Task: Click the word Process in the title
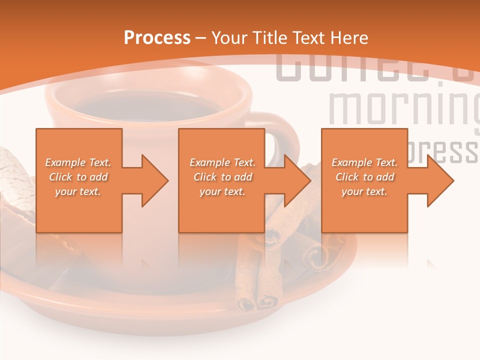[157, 37]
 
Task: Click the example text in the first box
[78, 176]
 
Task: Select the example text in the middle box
[222, 176]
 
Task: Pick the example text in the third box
[364, 176]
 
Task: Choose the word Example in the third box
[351, 162]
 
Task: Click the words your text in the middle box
[222, 191]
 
